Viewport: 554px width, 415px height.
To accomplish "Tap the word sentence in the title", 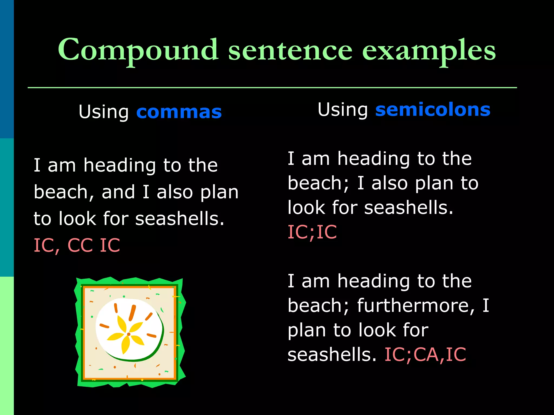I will pyautogui.click(x=290, y=51).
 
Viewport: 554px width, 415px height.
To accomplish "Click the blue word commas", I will pyautogui.click(x=179, y=112).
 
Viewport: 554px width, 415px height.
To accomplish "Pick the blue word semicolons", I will pyautogui.click(x=433, y=110).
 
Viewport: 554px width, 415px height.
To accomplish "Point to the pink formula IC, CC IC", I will pyautogui.click(x=77, y=245).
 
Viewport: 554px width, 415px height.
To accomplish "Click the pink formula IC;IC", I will pyautogui.click(x=312, y=232).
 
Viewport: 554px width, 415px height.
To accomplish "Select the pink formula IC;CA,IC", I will pyautogui.click(x=425, y=354).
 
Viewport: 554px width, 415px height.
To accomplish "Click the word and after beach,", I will pyautogui.click(x=118, y=192).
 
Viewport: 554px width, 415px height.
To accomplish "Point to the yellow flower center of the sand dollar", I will pyautogui.click(x=129, y=334).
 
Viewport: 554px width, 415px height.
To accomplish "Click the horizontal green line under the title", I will pyautogui.click(x=272, y=88).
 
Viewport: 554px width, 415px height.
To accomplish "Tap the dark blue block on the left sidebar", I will pyautogui.click(x=7, y=69).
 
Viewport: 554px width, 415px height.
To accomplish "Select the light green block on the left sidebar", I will pyautogui.click(x=7, y=346).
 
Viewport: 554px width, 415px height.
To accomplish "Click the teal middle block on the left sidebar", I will pyautogui.click(x=7, y=207).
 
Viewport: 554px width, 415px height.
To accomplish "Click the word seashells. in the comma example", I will pyautogui.click(x=180, y=219).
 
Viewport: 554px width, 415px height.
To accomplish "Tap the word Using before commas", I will pyautogui.click(x=104, y=112).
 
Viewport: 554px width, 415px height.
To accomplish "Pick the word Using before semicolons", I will pyautogui.click(x=342, y=110).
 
